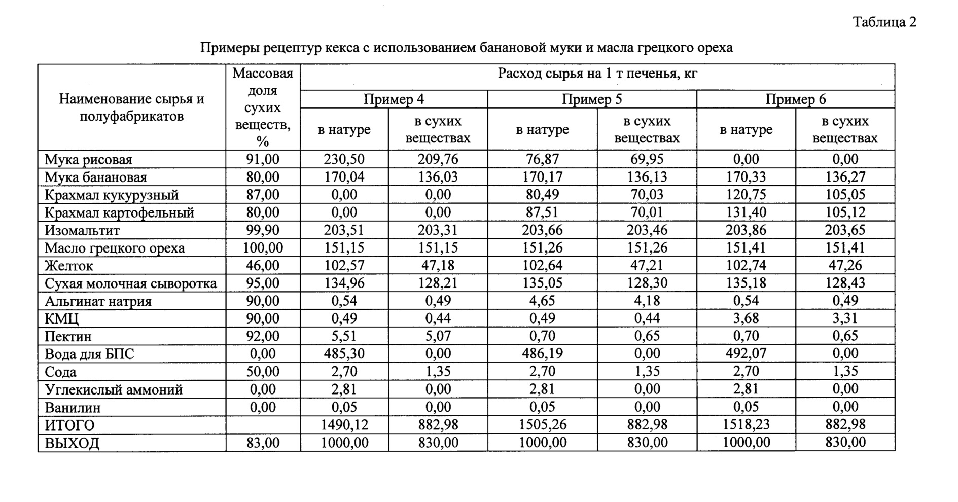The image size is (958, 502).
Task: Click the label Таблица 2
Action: point(884,22)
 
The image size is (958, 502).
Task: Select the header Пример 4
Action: point(394,99)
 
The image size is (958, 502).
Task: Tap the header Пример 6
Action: point(795,99)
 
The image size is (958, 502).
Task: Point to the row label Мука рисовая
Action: point(88,160)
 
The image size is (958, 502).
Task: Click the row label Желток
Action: point(69,266)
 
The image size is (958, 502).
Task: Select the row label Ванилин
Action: point(73,408)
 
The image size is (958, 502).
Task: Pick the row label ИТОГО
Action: point(69,425)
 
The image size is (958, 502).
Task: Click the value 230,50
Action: point(344,159)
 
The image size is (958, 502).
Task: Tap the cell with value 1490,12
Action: point(344,424)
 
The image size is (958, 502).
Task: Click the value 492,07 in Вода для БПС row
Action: point(746,353)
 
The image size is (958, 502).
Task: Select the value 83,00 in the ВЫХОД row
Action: point(262,443)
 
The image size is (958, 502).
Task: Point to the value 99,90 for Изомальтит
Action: point(262,230)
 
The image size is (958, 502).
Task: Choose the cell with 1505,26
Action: point(542,424)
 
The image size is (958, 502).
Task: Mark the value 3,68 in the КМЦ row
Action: point(746,318)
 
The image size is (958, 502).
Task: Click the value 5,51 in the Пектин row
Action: point(344,336)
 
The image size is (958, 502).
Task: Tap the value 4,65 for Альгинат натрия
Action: point(542,301)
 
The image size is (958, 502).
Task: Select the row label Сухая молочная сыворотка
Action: point(130,283)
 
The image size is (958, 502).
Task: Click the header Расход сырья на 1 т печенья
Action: point(597,74)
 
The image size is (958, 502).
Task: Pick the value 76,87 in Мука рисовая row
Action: point(542,159)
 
